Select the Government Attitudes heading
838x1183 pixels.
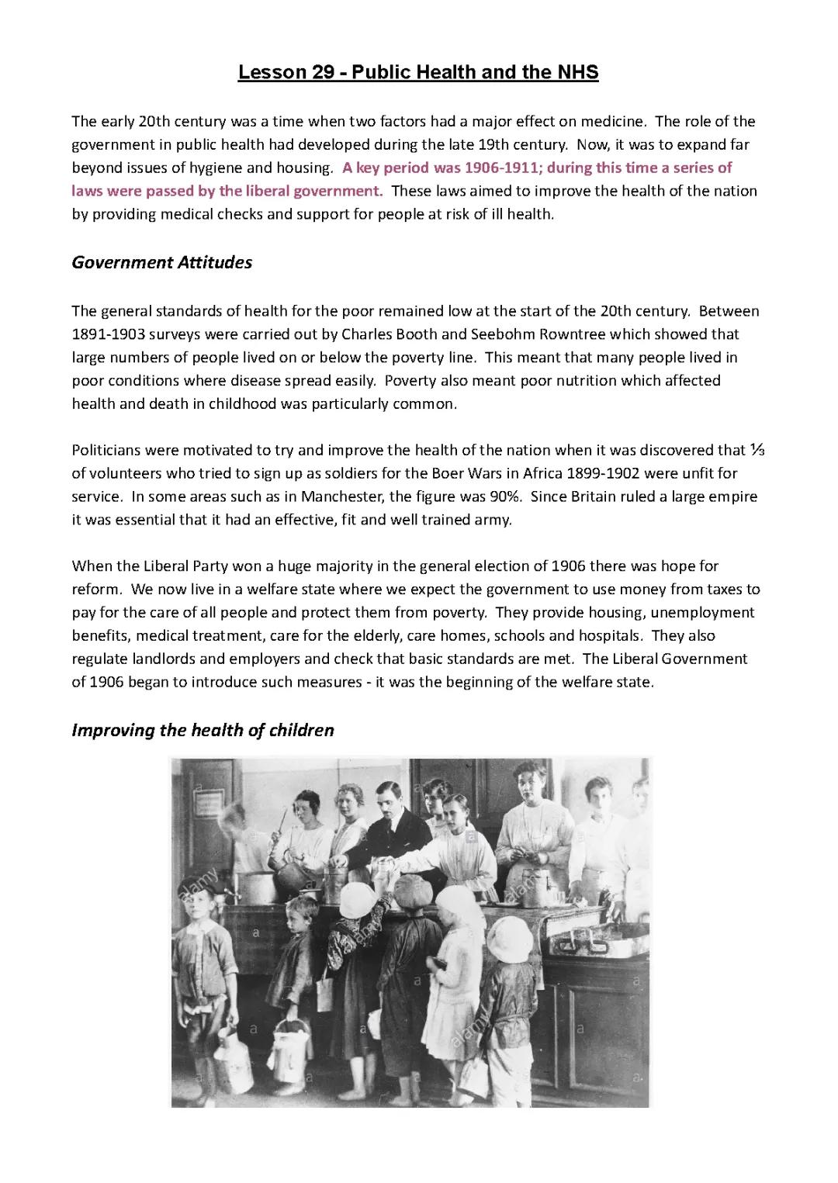coord(161,263)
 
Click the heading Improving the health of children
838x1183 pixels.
coord(203,731)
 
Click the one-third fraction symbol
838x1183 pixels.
coord(758,450)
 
